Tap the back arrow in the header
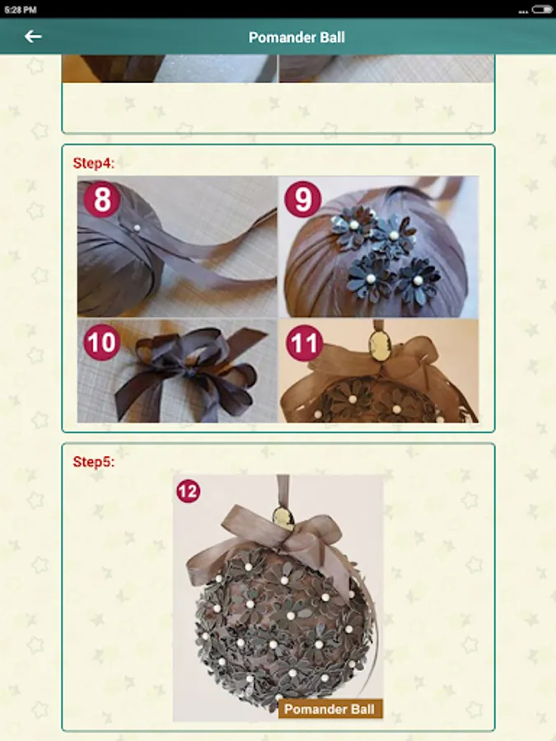pyautogui.click(x=33, y=36)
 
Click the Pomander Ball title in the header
pyautogui.click(x=297, y=37)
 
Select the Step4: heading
pyautogui.click(x=94, y=163)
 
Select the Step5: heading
pyautogui.click(x=94, y=462)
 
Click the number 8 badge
pyautogui.click(x=102, y=199)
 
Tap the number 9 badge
pyautogui.click(x=303, y=199)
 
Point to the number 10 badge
pyautogui.click(x=102, y=343)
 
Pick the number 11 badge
pyautogui.click(x=305, y=343)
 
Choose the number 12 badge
pyautogui.click(x=188, y=492)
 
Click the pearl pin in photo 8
pyautogui.click(x=137, y=228)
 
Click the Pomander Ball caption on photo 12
pyautogui.click(x=329, y=710)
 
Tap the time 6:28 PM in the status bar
pyautogui.click(x=21, y=9)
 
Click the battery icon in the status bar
pyautogui.click(x=541, y=9)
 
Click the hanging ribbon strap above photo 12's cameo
pyautogui.click(x=283, y=491)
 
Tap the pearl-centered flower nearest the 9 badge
pyautogui.click(x=352, y=223)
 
